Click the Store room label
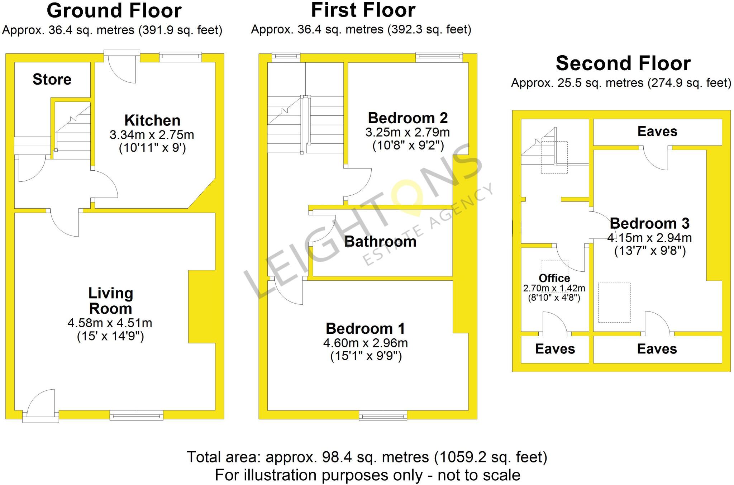tap(52, 79)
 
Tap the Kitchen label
tap(152, 120)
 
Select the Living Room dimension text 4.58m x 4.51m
tap(110, 323)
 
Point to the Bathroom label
tap(380, 242)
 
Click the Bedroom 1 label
tap(365, 328)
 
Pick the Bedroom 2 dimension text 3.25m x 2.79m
tap(407, 132)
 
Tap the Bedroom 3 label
tap(649, 223)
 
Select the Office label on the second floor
tap(554, 278)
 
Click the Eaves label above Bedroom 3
tap(657, 132)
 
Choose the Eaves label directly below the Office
tap(555, 349)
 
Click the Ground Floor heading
tap(114, 11)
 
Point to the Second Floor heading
tap(623, 63)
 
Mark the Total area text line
tap(367, 457)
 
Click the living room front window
tap(136, 415)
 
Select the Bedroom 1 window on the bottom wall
tap(383, 415)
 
